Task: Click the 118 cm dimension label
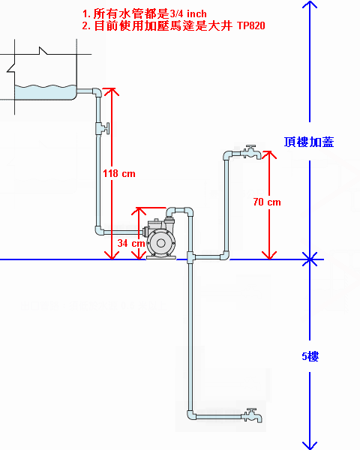119,174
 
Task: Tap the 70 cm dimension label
267,202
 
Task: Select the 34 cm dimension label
131,243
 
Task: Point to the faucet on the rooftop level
251,151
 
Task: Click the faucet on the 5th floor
252,415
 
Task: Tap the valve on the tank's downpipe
102,128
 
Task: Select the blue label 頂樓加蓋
309,142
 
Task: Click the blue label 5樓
310,356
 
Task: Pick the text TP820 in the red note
251,25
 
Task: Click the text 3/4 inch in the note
188,13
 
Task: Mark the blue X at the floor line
310,259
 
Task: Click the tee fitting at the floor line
190,256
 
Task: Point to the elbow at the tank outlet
97,92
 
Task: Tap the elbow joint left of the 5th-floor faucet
191,415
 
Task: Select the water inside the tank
45,92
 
